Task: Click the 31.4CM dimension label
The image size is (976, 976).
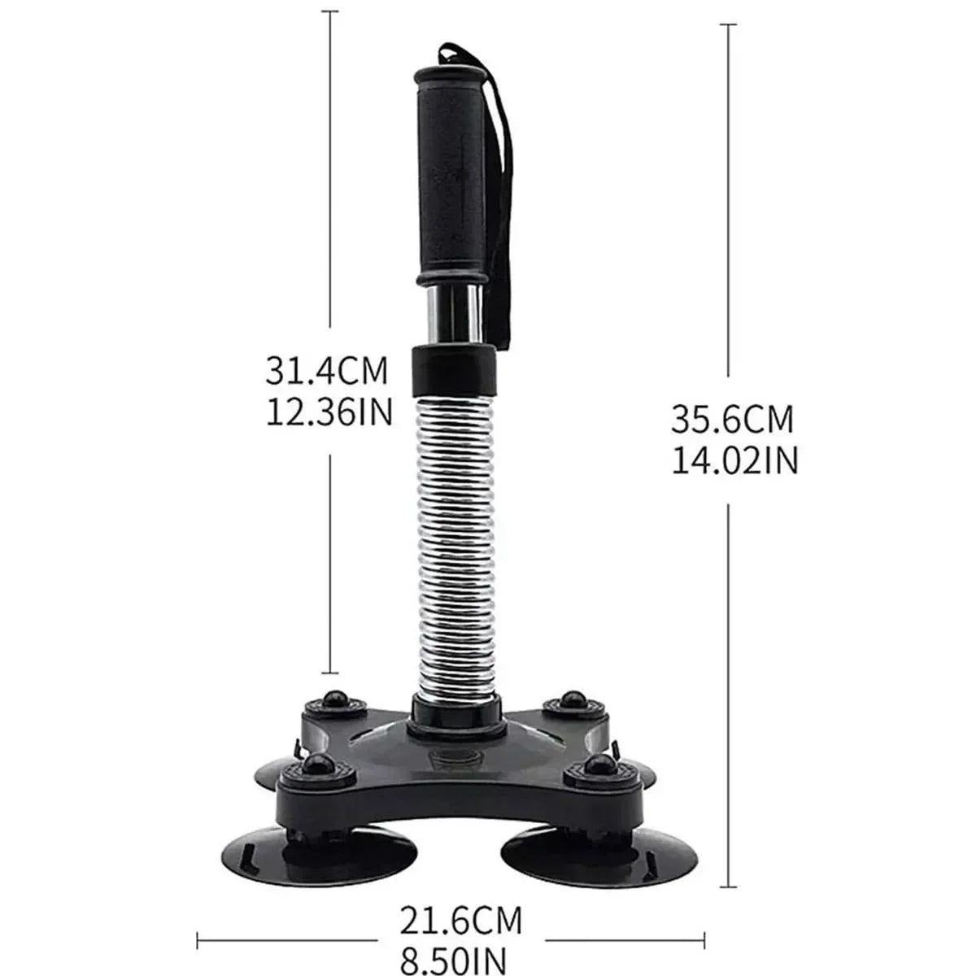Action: [327, 372]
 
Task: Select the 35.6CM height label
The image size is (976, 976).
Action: [732, 420]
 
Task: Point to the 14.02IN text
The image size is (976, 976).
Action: [734, 461]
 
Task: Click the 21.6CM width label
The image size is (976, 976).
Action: [461, 898]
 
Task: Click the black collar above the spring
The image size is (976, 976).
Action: [454, 367]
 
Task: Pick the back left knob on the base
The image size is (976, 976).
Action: [334, 699]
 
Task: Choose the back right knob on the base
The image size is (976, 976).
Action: [573, 699]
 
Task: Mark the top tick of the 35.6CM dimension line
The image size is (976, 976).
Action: [729, 25]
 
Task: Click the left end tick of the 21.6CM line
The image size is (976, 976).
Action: [199, 920]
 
